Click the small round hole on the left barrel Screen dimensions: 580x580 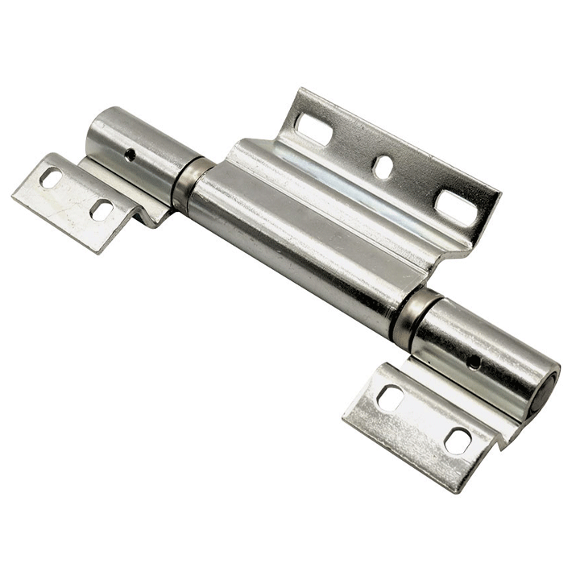130,154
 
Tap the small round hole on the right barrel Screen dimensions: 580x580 474,362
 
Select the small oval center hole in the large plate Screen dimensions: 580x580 383,166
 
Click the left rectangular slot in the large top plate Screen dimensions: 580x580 313,127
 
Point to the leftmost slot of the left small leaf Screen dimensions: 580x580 52,179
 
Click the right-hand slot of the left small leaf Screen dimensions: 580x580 101,209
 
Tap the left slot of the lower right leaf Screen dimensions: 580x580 391,397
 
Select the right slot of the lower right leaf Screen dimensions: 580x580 458,440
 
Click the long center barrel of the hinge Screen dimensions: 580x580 298,242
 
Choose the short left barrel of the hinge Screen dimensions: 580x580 137,149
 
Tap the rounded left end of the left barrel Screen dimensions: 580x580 94,133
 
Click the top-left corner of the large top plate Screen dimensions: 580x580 300,90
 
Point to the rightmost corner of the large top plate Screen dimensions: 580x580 499,193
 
